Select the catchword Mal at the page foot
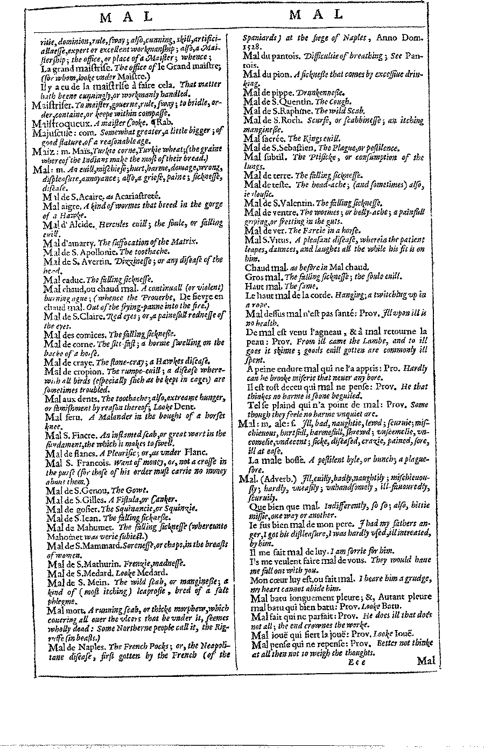point(426,660)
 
